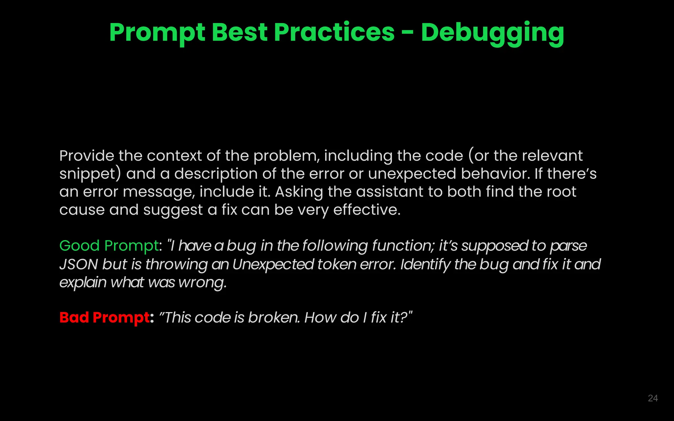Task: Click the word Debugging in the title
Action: [x=492, y=33]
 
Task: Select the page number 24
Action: [x=653, y=398]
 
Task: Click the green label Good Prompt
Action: [x=109, y=246]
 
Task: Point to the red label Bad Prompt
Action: [x=104, y=317]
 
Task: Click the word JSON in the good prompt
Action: [x=79, y=264]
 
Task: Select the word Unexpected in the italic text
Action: [x=273, y=264]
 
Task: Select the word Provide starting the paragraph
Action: [x=87, y=156]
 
